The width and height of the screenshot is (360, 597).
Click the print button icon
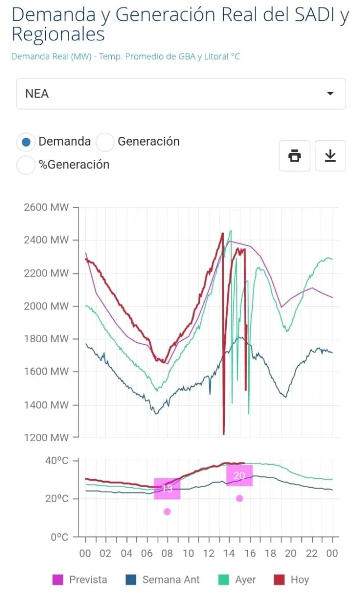294,156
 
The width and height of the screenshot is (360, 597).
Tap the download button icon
330,156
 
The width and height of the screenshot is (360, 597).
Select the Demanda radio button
26,142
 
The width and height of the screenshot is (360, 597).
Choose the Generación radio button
105,142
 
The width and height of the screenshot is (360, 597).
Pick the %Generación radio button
26,165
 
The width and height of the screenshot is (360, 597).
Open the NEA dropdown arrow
330,94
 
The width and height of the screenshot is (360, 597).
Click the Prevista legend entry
80,580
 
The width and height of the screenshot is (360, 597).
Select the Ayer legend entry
237,580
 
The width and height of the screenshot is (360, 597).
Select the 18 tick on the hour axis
270,554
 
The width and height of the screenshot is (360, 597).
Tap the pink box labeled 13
167,489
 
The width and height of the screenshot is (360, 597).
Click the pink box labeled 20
239,476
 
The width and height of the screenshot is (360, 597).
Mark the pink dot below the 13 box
167,512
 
